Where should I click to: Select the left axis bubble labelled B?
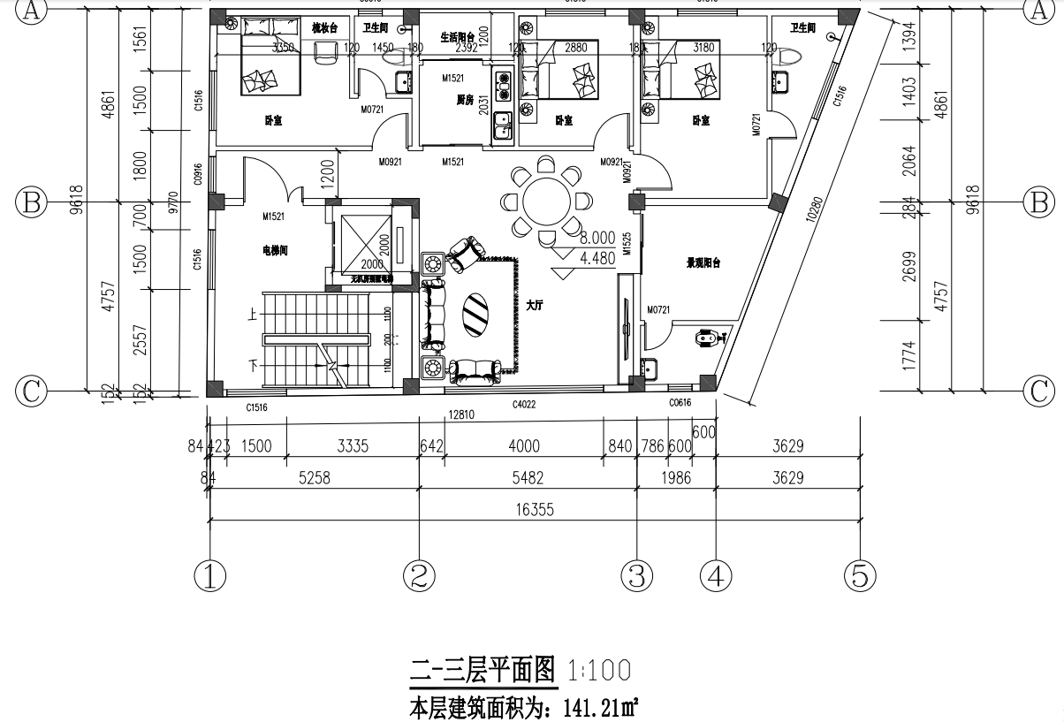coord(32,202)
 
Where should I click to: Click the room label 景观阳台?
coord(704,262)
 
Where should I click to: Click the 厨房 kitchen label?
coord(454,100)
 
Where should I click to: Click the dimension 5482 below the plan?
coord(528,478)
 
